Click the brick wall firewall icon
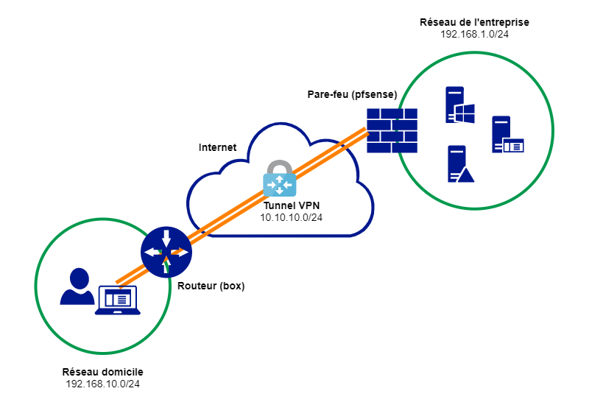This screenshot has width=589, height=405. (393, 130)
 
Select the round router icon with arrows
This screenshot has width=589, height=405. (166, 252)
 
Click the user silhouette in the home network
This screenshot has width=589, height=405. (77, 286)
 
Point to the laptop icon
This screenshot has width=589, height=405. (117, 300)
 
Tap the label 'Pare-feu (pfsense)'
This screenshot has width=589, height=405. (352, 95)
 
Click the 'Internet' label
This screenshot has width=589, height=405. (217, 147)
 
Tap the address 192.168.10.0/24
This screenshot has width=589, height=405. (103, 384)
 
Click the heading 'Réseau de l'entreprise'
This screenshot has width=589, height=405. (474, 23)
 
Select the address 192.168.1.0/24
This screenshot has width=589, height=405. (474, 35)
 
